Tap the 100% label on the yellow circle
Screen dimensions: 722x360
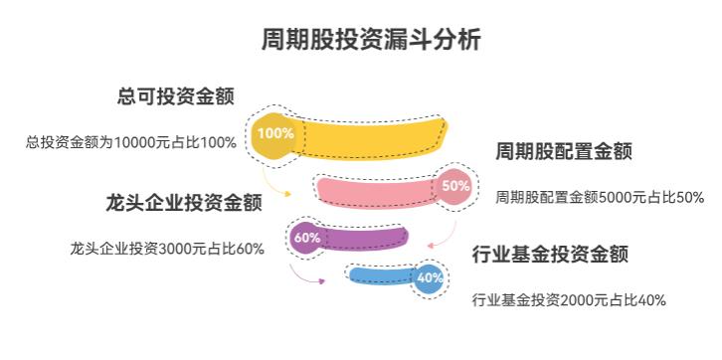[x=274, y=132]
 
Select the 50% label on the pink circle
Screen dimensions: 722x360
[x=455, y=185]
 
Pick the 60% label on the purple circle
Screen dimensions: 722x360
[x=307, y=238]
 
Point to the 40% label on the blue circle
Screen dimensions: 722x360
[x=430, y=277]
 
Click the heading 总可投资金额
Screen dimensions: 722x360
[x=175, y=96]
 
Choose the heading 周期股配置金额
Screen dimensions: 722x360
[x=564, y=152]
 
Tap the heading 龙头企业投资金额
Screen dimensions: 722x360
[x=184, y=203]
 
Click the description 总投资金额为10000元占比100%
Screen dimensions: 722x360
[x=131, y=142]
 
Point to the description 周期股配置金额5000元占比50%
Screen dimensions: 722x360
[x=600, y=197]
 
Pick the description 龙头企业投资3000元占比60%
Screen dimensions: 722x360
[x=167, y=248]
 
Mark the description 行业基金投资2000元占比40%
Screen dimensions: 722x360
[x=569, y=299]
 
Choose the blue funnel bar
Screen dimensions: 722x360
[x=383, y=276]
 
